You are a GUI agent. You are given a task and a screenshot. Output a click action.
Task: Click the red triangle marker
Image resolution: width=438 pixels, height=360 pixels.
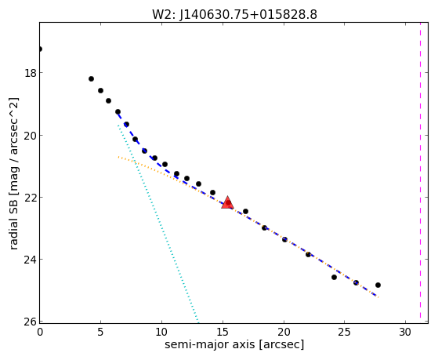227,203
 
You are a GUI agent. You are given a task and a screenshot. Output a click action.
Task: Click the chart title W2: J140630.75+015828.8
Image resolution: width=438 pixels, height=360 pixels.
234,15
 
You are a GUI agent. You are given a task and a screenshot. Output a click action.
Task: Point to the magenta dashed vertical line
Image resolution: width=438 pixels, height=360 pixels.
420,170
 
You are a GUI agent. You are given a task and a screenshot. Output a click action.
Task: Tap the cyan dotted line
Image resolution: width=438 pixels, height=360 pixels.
158,224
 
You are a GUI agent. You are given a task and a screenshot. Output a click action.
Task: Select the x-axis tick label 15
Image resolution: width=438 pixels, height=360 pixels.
223,332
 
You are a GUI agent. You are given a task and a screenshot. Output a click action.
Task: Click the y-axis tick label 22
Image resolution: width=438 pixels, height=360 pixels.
31,198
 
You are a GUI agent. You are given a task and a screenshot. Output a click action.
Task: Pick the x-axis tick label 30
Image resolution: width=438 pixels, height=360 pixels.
405,332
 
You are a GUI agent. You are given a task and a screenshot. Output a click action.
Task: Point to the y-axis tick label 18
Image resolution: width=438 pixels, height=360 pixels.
31,73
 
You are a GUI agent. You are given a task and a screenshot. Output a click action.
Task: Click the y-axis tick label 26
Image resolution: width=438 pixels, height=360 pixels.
31,322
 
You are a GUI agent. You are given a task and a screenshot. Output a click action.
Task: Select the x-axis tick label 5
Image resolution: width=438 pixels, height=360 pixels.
100,332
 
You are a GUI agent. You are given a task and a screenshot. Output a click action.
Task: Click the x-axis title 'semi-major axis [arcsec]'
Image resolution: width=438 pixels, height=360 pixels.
234,344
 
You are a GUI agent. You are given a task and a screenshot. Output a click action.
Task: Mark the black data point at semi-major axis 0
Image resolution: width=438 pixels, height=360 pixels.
40,49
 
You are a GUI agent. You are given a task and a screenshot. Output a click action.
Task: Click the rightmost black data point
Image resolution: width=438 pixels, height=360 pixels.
378,285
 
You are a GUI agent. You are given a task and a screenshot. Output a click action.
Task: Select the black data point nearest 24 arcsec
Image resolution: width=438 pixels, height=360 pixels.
334,277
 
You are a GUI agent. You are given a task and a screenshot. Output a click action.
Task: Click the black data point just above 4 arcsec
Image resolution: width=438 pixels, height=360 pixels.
91,79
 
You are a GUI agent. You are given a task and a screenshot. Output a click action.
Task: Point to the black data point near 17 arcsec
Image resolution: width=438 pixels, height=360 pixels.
245,211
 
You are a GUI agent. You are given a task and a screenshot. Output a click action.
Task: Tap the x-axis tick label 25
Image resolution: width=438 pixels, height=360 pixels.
344,332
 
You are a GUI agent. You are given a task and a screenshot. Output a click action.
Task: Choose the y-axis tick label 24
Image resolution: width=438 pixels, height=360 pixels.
31,260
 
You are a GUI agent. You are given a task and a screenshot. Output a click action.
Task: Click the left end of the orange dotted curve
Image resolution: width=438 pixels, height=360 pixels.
118,157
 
